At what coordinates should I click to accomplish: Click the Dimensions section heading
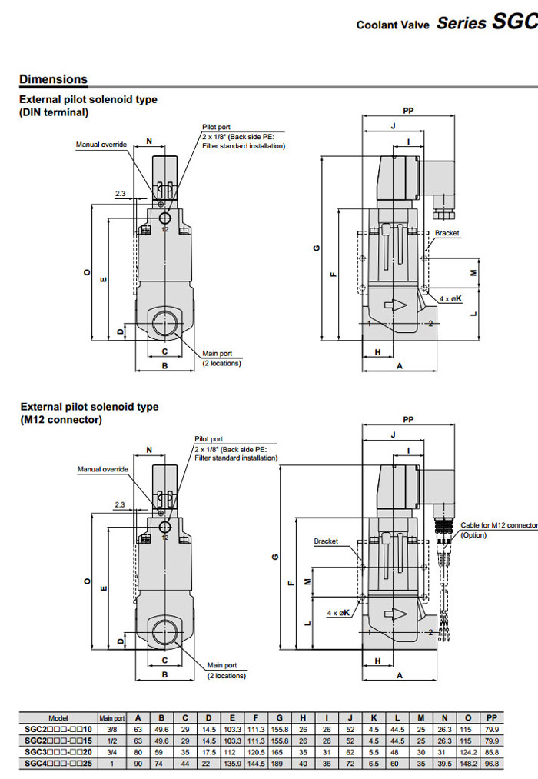53,79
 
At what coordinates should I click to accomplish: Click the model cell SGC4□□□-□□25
58,763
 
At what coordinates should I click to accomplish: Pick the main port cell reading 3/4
112,751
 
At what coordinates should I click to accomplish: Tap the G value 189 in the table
281,763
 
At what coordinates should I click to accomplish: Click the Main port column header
112,718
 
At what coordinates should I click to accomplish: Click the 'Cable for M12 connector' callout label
499,525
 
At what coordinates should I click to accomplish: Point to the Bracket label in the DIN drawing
447,233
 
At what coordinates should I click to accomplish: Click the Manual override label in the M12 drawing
102,469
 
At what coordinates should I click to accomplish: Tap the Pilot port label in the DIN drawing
216,127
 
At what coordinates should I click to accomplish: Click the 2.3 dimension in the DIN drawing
121,193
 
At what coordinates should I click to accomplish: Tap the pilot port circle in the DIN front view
165,219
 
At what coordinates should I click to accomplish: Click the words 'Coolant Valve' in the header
392,25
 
